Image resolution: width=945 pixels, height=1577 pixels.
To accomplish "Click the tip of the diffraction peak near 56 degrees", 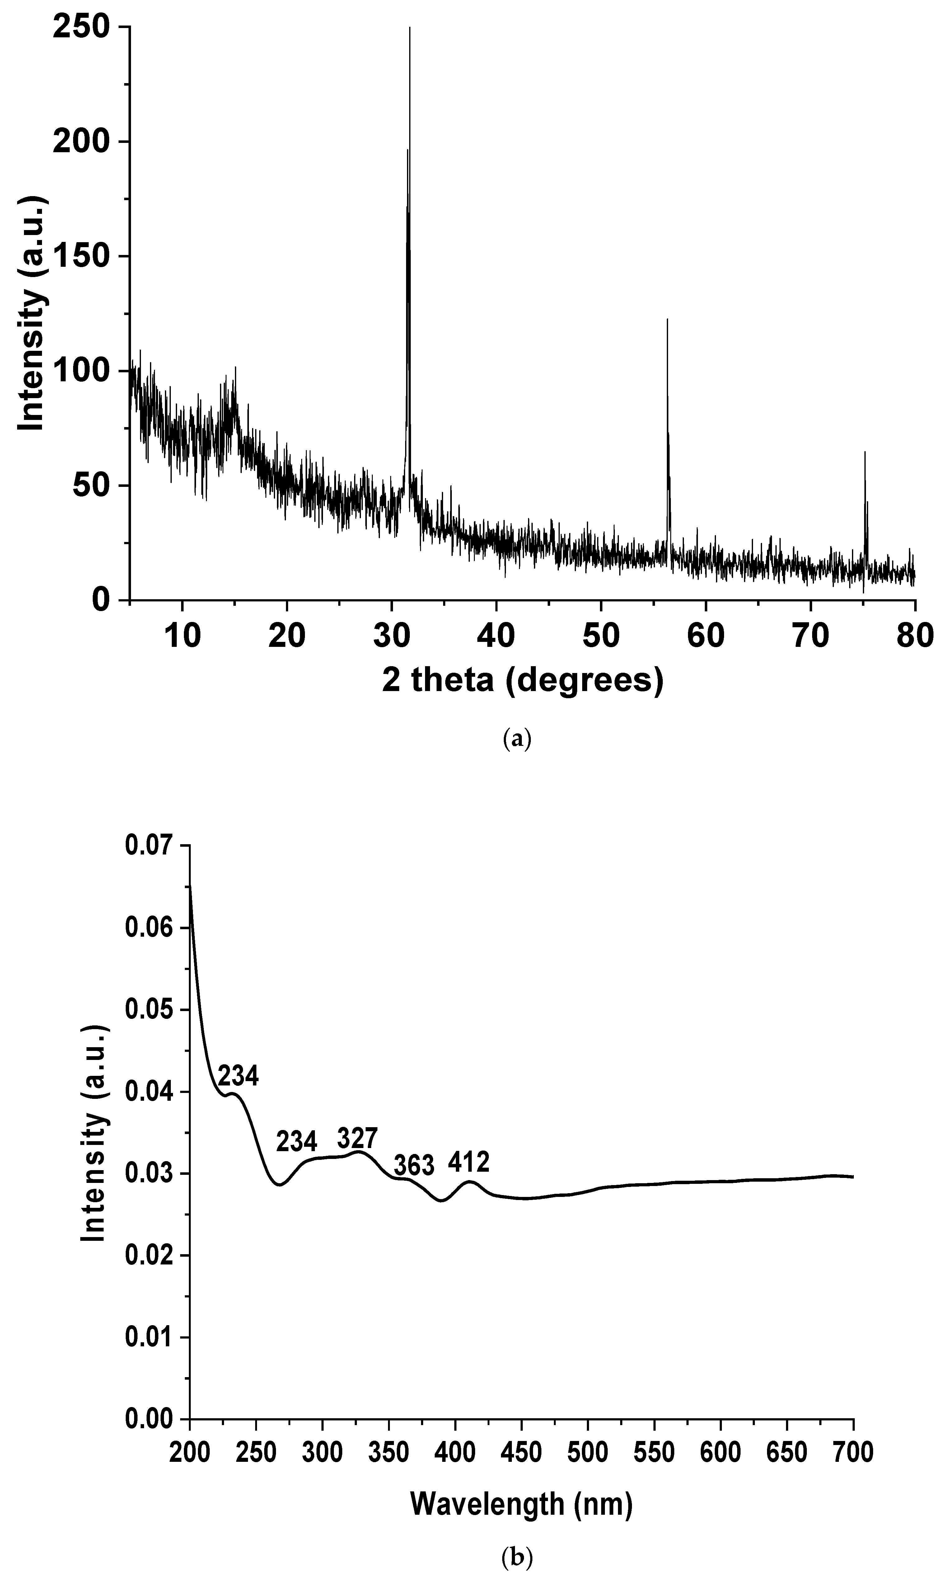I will pyautogui.click(x=667, y=320).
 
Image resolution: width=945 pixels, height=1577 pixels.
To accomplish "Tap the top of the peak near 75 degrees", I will pyautogui.click(x=865, y=452).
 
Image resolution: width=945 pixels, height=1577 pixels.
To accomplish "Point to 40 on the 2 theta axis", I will pyautogui.click(x=496, y=636).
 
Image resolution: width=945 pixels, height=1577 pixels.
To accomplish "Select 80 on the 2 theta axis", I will pyautogui.click(x=915, y=636).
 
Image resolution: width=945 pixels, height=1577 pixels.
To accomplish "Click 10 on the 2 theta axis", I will pyautogui.click(x=182, y=636).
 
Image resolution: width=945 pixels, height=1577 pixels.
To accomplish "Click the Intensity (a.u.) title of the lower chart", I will pyautogui.click(x=94, y=1133).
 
